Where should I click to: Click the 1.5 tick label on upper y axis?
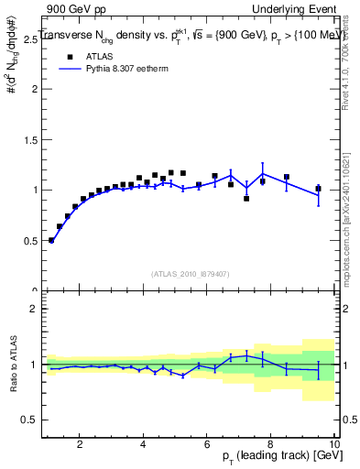pos(29,140)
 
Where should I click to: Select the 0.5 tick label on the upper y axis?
pos(29,241)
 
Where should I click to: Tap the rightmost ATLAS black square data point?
pos(319,189)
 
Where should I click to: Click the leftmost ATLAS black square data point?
pos(51,240)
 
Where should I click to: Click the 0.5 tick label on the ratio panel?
pos(29,420)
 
